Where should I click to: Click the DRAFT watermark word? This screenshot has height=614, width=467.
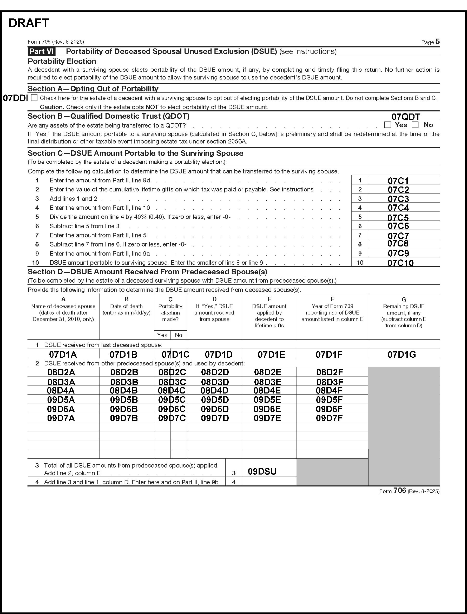[x=29, y=23]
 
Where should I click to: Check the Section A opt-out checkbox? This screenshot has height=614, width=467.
[x=34, y=98]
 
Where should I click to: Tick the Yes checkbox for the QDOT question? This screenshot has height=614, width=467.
[x=387, y=125]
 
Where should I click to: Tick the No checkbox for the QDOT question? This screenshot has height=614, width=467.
[x=415, y=125]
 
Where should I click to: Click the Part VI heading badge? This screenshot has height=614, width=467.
[x=41, y=51]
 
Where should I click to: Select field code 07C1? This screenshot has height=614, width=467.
[x=398, y=181]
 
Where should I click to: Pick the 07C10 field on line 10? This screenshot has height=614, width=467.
[x=400, y=263]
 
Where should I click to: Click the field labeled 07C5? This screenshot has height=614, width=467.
[x=398, y=217]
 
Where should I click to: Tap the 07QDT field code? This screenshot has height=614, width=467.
[x=406, y=117]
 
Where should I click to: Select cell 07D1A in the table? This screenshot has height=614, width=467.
[x=63, y=355]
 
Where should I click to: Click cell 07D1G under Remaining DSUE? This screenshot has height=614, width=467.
[x=402, y=355]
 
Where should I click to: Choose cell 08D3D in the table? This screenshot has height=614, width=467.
[x=215, y=382]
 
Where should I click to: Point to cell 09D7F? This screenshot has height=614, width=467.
[x=329, y=418]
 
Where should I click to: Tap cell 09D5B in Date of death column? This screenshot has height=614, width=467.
[x=124, y=400]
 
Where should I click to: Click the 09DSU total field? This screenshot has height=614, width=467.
[x=262, y=471]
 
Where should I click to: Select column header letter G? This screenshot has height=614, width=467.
[x=404, y=299]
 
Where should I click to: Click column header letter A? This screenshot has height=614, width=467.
[x=63, y=299]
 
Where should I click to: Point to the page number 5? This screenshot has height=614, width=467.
[x=438, y=42]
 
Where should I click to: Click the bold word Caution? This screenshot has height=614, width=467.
[x=52, y=107]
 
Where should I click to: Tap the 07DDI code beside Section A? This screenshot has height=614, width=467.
[x=15, y=98]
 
